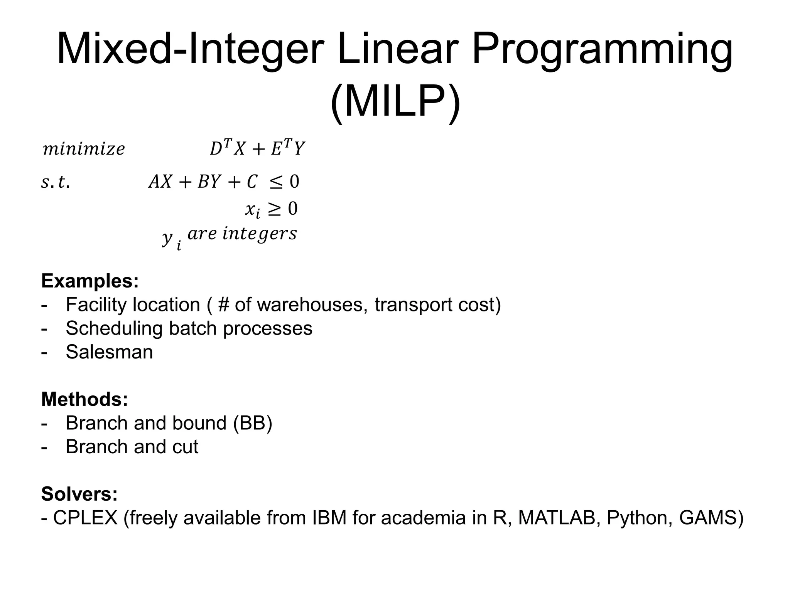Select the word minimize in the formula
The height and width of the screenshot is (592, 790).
[x=84, y=149]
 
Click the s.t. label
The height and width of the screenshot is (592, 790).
[x=56, y=182]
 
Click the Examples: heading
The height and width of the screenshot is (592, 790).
[x=90, y=281]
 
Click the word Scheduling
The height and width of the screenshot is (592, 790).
[x=114, y=328]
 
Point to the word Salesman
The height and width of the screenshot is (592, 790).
[x=109, y=352]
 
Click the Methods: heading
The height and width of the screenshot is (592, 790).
[x=84, y=399]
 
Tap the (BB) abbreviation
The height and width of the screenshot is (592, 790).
[x=253, y=423]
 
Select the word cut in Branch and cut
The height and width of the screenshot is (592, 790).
[x=185, y=447]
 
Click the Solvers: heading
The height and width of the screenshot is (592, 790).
[x=79, y=494]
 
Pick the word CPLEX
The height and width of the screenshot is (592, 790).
[x=85, y=518]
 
